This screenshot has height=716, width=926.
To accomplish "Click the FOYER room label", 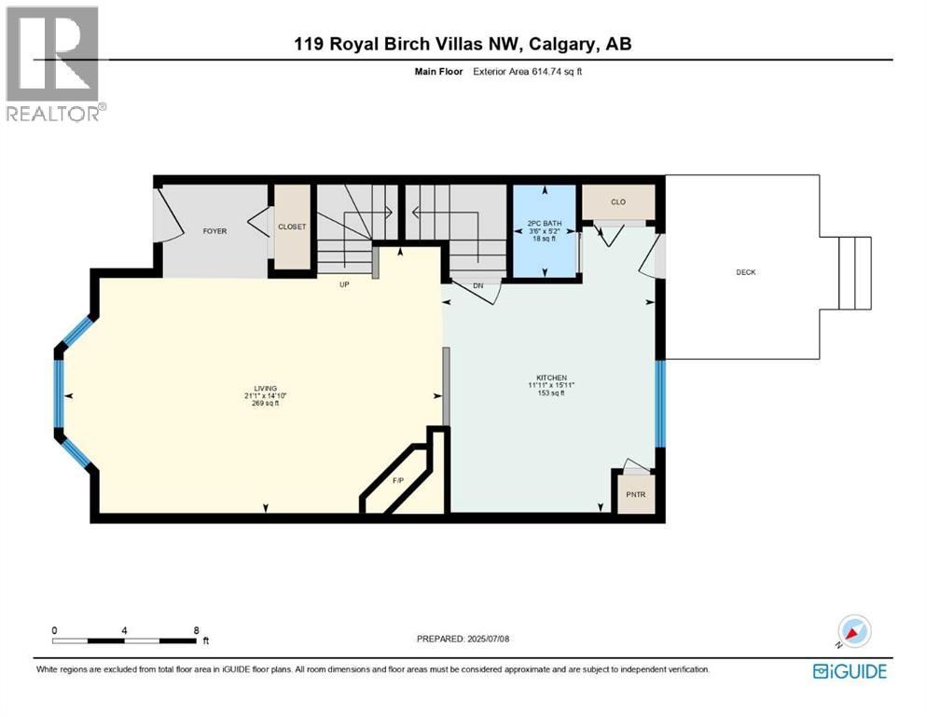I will [214, 230].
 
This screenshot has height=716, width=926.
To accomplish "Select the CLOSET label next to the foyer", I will [292, 227].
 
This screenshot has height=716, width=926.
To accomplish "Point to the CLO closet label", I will [617, 201].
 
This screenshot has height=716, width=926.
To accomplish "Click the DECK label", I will [745, 272].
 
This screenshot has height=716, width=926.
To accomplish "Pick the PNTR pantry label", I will [636, 494].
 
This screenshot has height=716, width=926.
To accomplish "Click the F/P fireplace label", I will [397, 481].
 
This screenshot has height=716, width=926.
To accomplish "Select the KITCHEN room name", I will [546, 378].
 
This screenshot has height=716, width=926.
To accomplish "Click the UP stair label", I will [344, 284].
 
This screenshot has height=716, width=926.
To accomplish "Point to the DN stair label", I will [477, 285].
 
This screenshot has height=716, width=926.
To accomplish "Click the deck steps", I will [855, 272].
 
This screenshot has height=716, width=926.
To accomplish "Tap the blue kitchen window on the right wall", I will [659, 403].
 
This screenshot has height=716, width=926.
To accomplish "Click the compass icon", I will [852, 632].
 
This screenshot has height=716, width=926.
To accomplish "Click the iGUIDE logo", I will [849, 670].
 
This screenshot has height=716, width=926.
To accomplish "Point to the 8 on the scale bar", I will [195, 630].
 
